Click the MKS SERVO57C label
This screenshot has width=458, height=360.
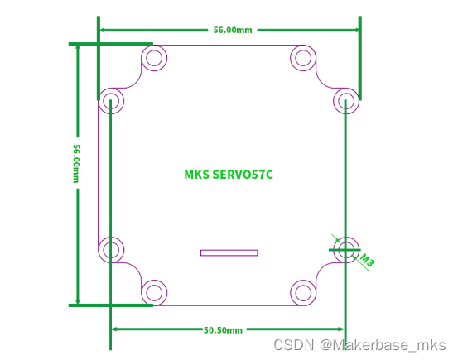229,175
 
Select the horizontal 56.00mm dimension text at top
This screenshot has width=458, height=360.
233,30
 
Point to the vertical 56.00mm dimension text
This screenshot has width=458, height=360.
77,163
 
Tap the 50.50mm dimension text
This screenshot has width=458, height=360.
224,329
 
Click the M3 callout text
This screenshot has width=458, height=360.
366,262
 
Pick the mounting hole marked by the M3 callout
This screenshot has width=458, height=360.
346,247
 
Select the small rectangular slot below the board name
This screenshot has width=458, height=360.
229,252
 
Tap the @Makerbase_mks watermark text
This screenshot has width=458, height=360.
383,344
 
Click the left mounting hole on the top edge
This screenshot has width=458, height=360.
153,58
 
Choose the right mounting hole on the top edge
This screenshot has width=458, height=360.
303,58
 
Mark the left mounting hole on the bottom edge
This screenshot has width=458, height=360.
153,291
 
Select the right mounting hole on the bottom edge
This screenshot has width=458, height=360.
303,291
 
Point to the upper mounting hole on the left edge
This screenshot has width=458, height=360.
111,101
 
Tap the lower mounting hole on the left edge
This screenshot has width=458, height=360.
111,247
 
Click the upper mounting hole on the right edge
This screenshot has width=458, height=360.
346,101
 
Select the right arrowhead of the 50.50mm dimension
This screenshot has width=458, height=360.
342,329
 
